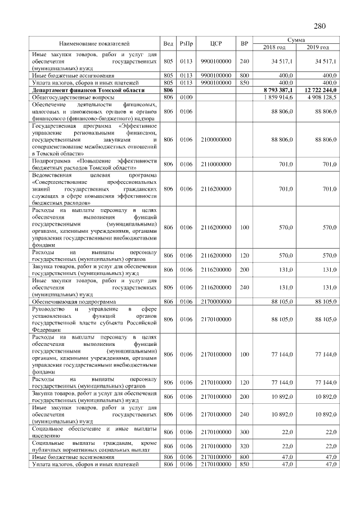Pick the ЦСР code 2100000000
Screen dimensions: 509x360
(x=213, y=139)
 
